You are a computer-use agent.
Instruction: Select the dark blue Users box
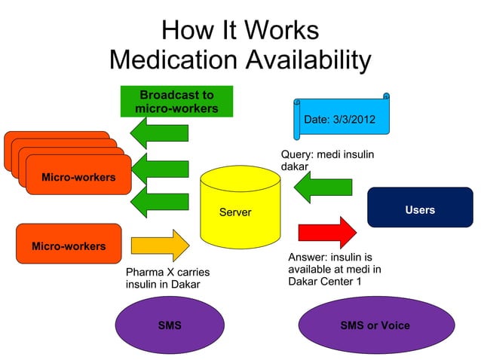coord(419,209)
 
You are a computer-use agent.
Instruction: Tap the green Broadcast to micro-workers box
coord(176,102)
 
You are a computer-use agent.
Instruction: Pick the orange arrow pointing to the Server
coord(160,246)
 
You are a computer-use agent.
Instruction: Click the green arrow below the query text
coord(323,187)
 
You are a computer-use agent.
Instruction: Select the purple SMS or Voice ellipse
coord(375,325)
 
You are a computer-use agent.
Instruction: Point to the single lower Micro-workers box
coord(69,243)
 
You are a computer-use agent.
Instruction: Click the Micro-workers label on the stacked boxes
coord(78,178)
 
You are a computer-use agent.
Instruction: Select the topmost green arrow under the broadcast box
coord(159,134)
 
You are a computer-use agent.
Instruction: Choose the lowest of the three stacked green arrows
coord(159,202)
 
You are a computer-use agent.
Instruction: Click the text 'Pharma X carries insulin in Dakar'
coord(167,278)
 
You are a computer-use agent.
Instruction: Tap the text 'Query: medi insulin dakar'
coord(327,160)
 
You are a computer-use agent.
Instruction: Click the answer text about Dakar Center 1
coord(335,269)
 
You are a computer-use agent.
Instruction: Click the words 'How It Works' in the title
coord(240,30)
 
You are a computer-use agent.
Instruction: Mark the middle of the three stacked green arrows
coord(159,168)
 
